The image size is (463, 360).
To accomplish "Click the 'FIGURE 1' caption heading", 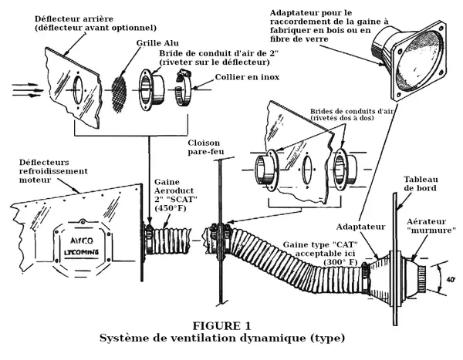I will (x=222, y=325).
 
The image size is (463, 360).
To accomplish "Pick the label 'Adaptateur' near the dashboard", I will (x=360, y=226).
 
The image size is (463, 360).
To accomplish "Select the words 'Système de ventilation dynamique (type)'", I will (x=222, y=338).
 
